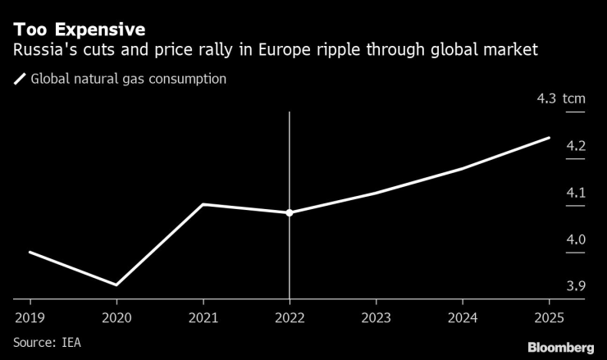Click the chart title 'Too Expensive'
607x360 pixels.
coord(79,30)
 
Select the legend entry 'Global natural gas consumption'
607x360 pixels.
coord(128,80)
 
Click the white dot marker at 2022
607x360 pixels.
coord(290,212)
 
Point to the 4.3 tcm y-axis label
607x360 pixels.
coord(561,98)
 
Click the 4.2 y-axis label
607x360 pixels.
coord(575,146)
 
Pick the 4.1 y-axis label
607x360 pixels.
coord(575,193)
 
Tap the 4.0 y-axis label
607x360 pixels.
coord(575,239)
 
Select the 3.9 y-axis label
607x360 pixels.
coord(575,286)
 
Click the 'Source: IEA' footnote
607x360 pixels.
coord(47,340)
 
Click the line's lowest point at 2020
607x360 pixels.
coord(116,285)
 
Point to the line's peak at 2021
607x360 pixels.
coord(203,204)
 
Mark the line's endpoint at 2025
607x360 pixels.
coord(549,138)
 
